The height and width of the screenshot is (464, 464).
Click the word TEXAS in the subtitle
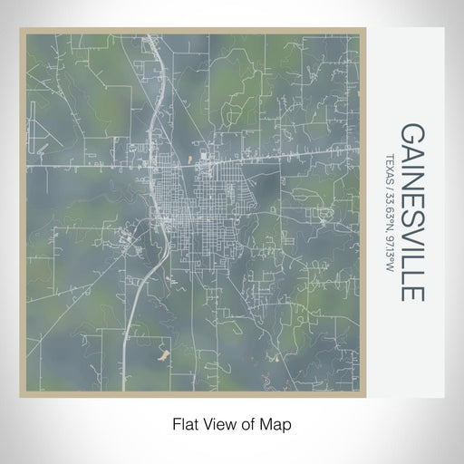point(390,167)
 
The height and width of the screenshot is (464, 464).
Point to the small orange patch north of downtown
point(203,158)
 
